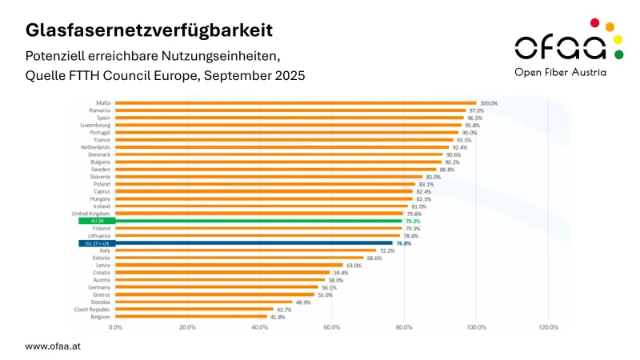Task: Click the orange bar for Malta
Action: click(296, 103)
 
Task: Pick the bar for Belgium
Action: click(191, 317)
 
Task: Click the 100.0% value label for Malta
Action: click(489, 103)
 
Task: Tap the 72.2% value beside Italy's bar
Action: click(388, 250)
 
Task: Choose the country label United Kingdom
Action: click(91, 214)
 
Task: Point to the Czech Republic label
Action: click(94, 310)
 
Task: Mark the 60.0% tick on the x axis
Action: click(332, 328)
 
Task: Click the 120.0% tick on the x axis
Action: click(548, 328)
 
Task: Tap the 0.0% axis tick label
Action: click(116, 328)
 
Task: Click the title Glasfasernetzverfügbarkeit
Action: click(149, 30)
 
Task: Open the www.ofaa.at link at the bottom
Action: click(53, 346)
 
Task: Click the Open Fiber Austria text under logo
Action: click(560, 72)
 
